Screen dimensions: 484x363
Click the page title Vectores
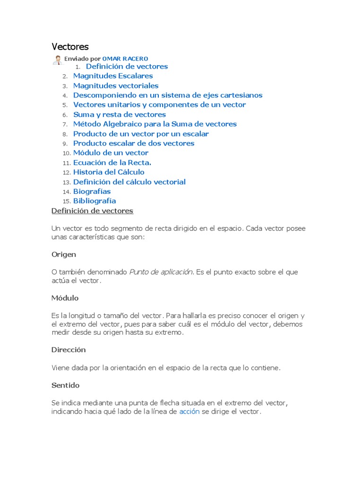point(70,47)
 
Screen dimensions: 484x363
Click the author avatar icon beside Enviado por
point(57,60)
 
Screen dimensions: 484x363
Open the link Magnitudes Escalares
point(113,76)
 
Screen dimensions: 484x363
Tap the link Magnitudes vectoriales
point(116,86)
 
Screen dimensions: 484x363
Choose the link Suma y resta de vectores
point(120,114)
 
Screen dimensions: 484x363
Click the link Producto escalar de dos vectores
point(134,143)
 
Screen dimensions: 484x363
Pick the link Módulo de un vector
point(111,153)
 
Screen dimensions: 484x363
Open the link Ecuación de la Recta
point(112,163)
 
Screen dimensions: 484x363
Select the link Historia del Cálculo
point(109,172)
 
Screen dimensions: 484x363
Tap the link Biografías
point(92,191)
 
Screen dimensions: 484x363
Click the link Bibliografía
point(95,201)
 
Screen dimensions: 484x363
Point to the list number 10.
point(66,153)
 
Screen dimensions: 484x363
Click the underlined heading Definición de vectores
point(92,211)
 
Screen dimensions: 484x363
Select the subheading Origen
point(64,254)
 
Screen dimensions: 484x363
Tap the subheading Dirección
point(69,350)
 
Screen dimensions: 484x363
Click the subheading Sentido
point(65,385)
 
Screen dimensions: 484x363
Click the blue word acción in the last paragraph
point(189,412)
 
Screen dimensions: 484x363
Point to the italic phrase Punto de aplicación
point(161,272)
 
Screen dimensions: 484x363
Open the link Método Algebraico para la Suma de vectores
point(155,124)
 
